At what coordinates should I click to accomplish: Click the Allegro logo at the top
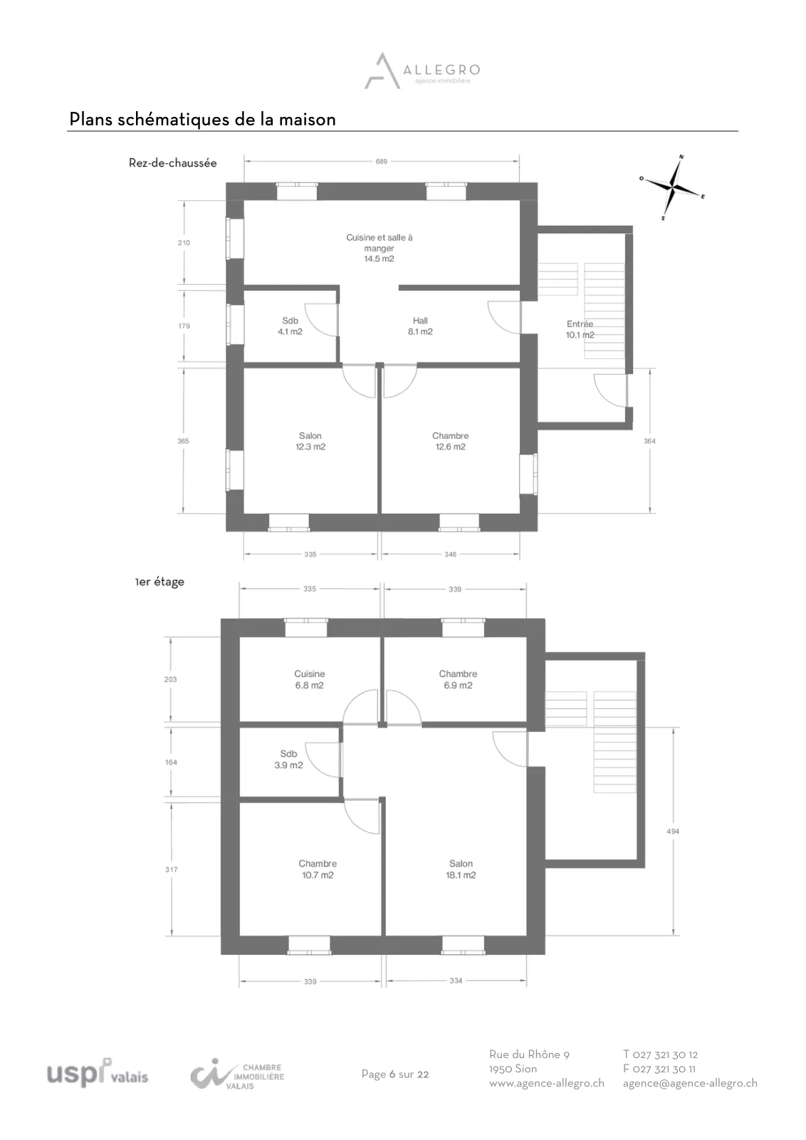422,71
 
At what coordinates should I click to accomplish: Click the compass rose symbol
672,188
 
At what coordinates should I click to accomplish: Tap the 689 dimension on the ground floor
382,161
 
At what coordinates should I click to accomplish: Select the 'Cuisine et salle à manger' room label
380,248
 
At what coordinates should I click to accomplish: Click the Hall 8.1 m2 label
420,326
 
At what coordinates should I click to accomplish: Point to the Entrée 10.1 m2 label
580,329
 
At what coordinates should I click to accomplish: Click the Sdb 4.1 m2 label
290,326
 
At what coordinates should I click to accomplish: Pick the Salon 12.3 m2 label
310,441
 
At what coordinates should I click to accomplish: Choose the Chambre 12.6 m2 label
451,441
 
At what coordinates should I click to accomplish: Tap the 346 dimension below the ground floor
451,554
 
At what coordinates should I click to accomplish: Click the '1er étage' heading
159,581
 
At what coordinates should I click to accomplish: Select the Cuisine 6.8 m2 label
309,680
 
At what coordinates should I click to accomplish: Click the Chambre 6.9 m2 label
458,680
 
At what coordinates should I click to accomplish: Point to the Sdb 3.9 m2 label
288,760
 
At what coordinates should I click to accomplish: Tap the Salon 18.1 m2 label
461,869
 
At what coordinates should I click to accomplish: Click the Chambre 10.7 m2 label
318,869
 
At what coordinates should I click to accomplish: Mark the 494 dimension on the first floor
673,831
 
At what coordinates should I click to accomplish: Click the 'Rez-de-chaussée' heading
173,163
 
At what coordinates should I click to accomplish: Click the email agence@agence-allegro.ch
690,1083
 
